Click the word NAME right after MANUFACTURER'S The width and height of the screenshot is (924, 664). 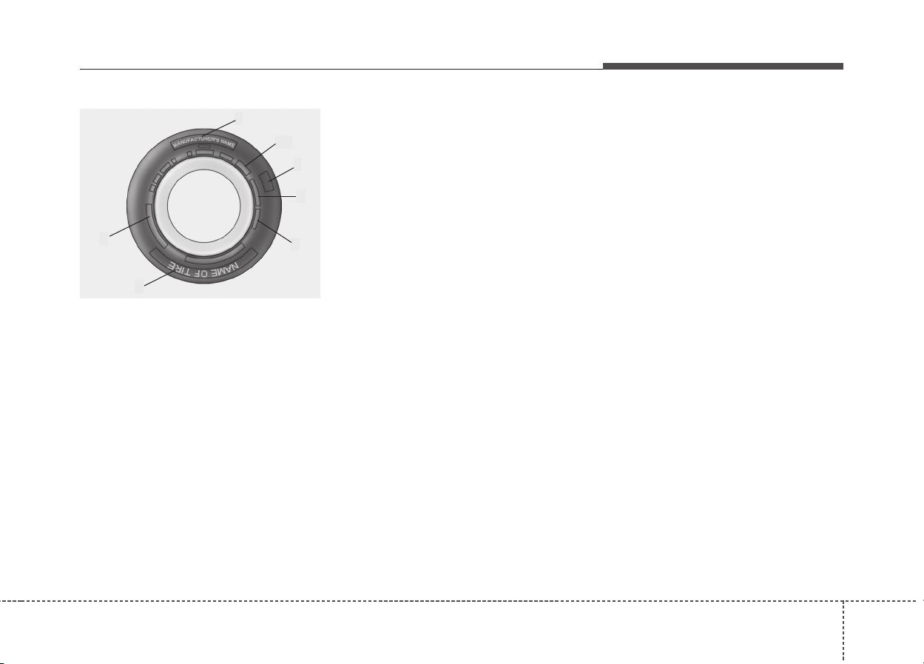[x=228, y=143]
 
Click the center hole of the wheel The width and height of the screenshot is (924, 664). [x=203, y=206]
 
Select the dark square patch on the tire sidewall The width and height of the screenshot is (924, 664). [x=267, y=181]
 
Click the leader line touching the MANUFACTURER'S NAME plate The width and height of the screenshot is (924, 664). [x=220, y=128]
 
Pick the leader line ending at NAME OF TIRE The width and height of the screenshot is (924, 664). [x=160, y=278]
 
